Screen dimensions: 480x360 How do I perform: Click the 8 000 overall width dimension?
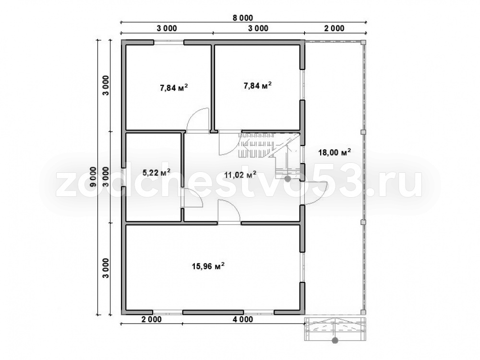click(x=243, y=18)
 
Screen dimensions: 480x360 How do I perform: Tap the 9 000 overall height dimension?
click(x=94, y=177)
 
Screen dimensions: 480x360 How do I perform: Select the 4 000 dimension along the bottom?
click(x=243, y=320)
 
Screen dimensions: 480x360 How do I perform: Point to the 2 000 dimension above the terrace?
click(x=334, y=28)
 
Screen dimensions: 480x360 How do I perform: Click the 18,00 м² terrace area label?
click(x=335, y=152)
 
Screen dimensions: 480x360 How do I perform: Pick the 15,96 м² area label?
click(x=208, y=266)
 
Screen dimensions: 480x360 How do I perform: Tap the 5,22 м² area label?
click(x=157, y=173)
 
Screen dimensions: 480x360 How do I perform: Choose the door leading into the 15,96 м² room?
click(x=229, y=212)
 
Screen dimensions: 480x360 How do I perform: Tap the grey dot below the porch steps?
click(x=336, y=340)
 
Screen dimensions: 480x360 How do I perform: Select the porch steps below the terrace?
click(x=336, y=329)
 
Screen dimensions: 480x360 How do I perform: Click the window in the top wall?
click(x=168, y=42)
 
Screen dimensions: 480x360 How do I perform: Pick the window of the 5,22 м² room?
click(x=123, y=177)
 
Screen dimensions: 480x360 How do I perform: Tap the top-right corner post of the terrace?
click(x=363, y=42)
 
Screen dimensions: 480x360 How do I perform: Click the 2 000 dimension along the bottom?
click(x=152, y=320)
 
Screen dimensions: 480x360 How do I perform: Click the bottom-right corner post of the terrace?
click(x=363, y=312)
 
